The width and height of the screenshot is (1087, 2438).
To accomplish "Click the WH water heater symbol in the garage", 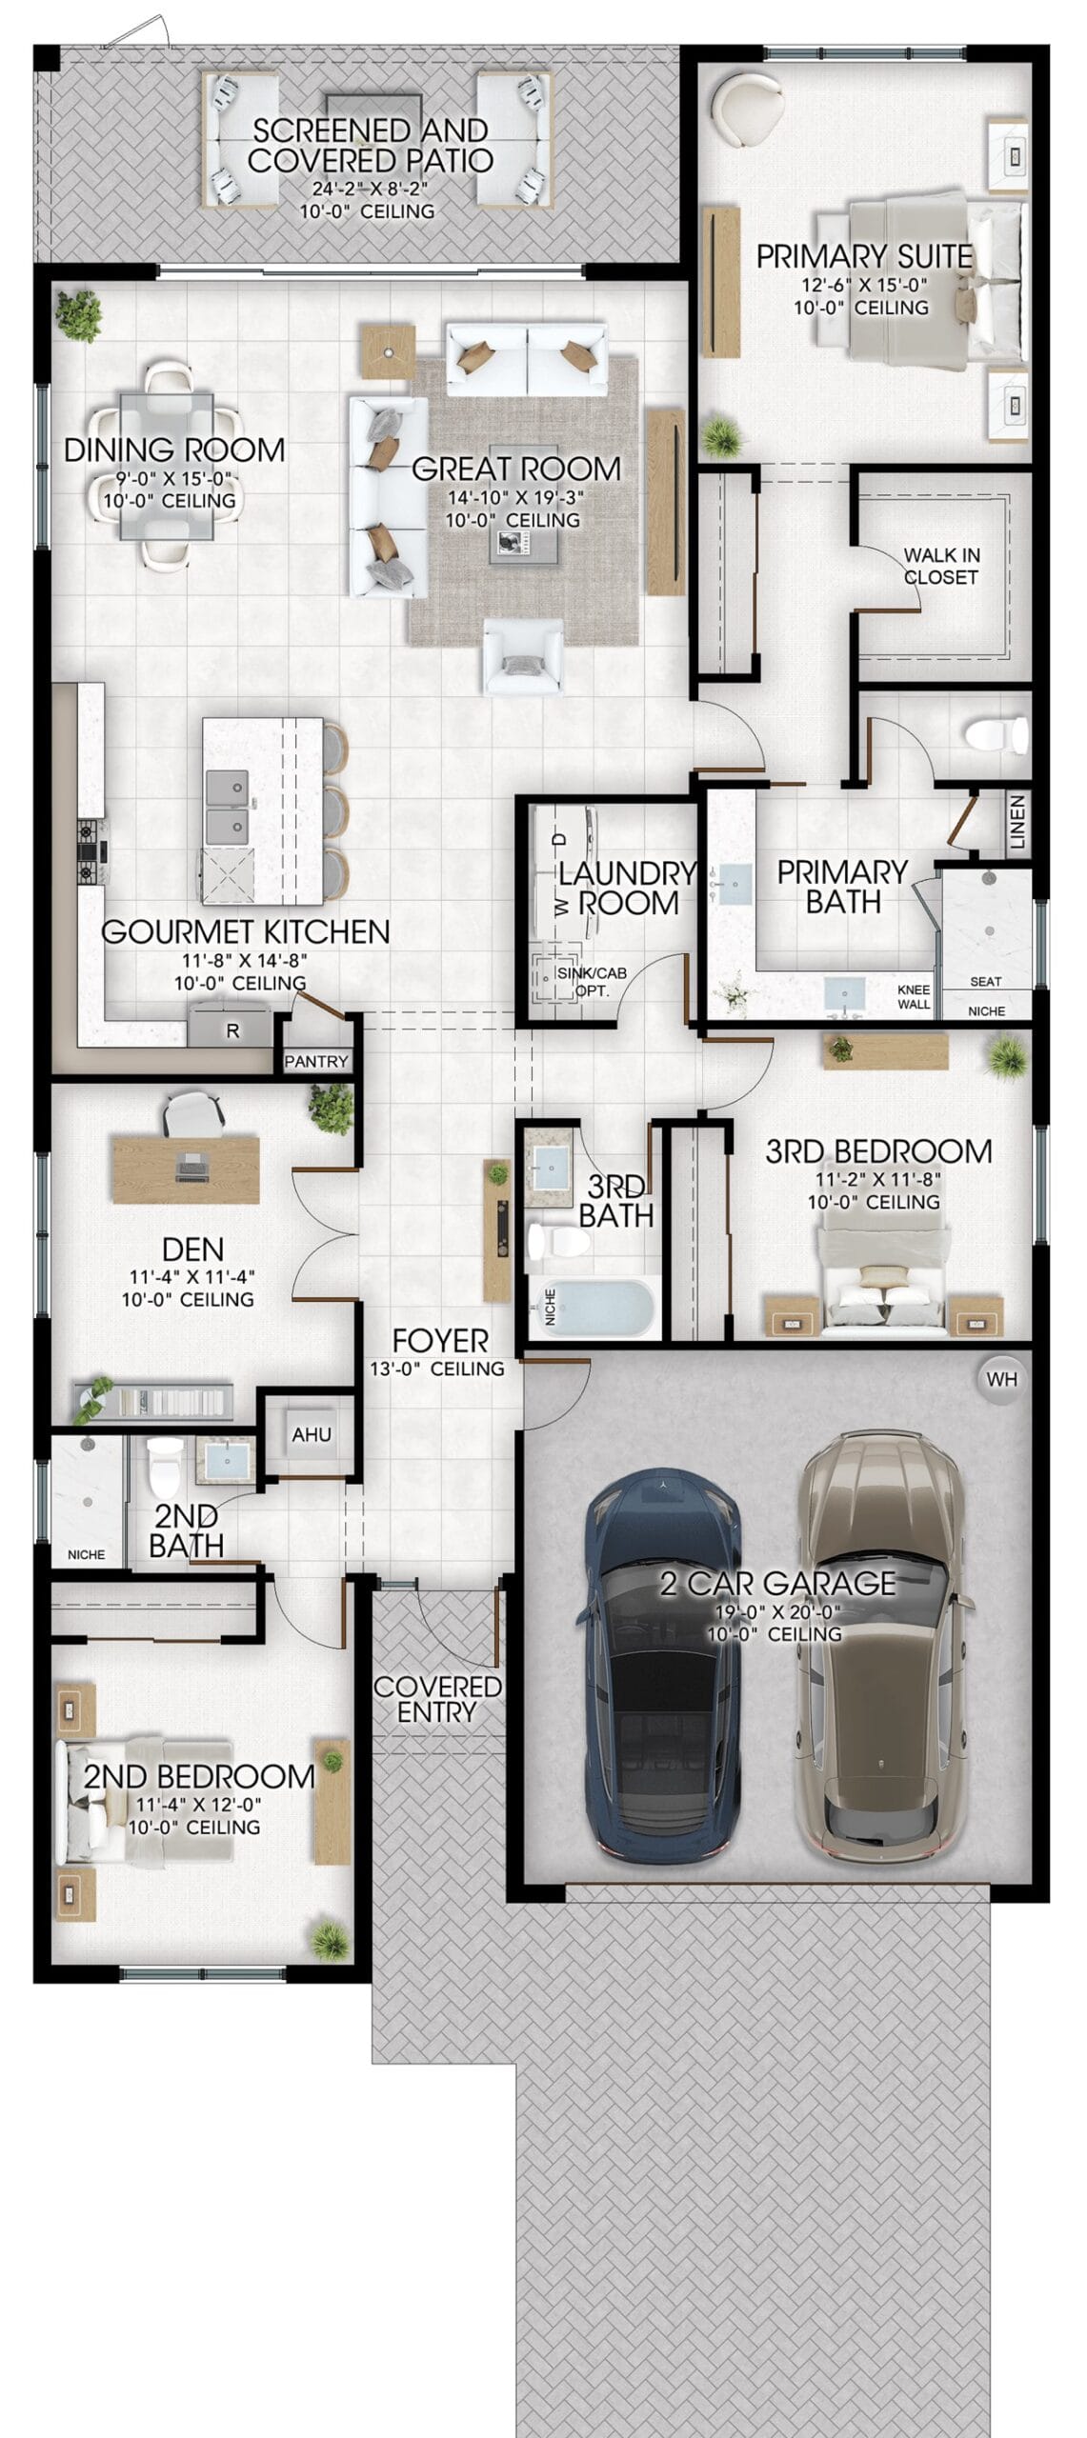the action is pyautogui.click(x=1001, y=1379).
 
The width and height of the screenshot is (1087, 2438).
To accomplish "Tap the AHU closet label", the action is pyautogui.click(x=312, y=1434).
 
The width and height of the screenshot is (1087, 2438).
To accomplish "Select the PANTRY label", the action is pyautogui.click(x=316, y=1061).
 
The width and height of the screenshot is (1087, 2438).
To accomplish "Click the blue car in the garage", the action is pyautogui.click(x=661, y=1668).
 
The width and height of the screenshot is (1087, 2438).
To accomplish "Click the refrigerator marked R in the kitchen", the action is pyautogui.click(x=231, y=1029).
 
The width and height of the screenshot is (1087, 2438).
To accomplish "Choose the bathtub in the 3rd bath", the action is pyautogui.click(x=593, y=1308).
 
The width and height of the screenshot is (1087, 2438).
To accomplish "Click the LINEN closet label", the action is pyautogui.click(x=1017, y=822).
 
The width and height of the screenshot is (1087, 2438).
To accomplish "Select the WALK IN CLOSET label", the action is pyautogui.click(x=941, y=566).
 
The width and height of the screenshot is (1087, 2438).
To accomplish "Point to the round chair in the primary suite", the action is pyautogui.click(x=750, y=109).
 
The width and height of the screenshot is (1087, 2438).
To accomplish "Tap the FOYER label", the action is pyautogui.click(x=440, y=1340).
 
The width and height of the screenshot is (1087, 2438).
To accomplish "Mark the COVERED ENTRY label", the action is pyautogui.click(x=437, y=1699).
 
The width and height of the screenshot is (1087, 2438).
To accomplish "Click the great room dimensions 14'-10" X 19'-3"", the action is pyautogui.click(x=515, y=496).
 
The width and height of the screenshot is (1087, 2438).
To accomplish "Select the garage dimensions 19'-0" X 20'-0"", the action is pyautogui.click(x=777, y=1612).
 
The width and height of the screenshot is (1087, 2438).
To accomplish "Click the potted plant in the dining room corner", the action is pyautogui.click(x=79, y=315).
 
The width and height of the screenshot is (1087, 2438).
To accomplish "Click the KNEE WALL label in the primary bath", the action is pyautogui.click(x=914, y=996).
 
